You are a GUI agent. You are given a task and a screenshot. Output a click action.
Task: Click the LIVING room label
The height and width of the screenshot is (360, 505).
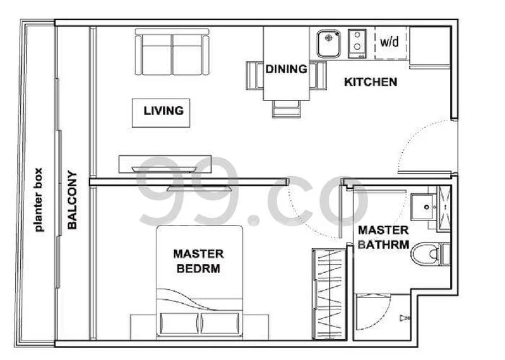click(163, 111)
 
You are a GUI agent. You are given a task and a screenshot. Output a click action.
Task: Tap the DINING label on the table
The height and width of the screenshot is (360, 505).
click(287, 69)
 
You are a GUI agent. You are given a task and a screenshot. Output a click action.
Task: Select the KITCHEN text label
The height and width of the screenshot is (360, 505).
click(371, 82)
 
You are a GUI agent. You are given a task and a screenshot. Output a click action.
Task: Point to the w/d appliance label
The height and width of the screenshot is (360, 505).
click(389, 42)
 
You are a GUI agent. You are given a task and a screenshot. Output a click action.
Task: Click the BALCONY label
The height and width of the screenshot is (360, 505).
click(72, 200)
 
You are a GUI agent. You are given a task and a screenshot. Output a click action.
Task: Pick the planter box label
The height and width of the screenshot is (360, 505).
click(38, 200)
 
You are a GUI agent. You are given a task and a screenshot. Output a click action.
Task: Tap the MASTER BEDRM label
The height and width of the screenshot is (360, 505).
click(198, 261)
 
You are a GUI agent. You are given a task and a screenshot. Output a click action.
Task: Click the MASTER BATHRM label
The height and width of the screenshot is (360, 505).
click(383, 237)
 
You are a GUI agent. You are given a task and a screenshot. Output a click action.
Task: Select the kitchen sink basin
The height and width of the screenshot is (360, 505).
click(328, 44)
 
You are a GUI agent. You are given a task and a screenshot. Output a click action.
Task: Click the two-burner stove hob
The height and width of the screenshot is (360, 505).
click(357, 43)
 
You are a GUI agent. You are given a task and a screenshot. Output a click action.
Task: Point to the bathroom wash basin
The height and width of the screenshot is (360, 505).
click(423, 207)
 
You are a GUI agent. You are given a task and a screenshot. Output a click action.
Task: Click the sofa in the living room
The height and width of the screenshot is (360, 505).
click(172, 52)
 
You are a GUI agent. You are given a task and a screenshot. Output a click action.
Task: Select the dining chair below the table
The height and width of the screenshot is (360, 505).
click(287, 109)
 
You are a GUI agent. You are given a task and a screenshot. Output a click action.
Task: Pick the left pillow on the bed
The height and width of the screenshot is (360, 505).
click(179, 323)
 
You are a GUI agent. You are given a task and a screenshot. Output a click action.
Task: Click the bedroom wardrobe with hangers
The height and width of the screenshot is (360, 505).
click(329, 294)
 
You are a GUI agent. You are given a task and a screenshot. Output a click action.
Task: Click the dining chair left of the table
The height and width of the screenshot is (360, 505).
click(255, 75)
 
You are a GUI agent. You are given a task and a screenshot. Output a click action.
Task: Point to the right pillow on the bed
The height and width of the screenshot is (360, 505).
click(220, 323)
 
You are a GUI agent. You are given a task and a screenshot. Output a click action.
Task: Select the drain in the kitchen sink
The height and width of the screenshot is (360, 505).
click(328, 38)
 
